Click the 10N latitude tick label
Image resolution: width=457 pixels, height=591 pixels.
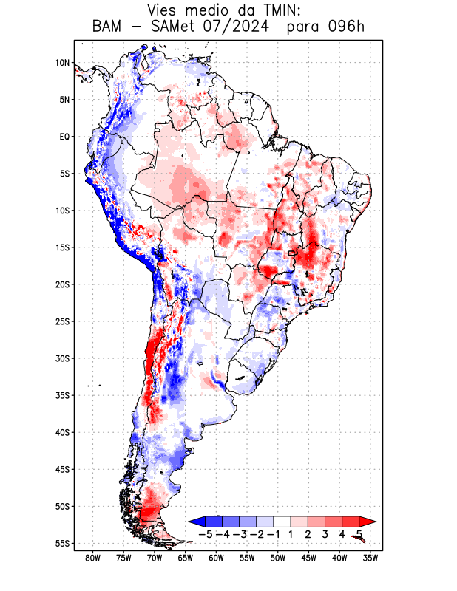pyautogui.click(x=62, y=63)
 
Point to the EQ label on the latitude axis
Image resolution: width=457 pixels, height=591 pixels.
pyautogui.click(x=64, y=137)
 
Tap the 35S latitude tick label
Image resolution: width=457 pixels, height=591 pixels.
pyautogui.click(x=62, y=395)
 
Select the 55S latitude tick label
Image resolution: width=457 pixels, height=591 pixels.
pyautogui.click(x=62, y=543)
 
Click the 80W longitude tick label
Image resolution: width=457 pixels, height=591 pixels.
pyautogui.click(x=93, y=558)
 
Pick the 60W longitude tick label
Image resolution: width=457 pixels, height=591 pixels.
pyautogui.click(x=217, y=558)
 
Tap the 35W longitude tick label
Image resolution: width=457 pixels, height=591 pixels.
pyautogui.click(x=371, y=558)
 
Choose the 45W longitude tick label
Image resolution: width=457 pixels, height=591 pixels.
pyautogui.click(x=309, y=558)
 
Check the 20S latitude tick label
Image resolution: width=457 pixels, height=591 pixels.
pyautogui.click(x=62, y=284)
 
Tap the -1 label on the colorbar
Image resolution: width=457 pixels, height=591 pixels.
pyautogui.click(x=274, y=533)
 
